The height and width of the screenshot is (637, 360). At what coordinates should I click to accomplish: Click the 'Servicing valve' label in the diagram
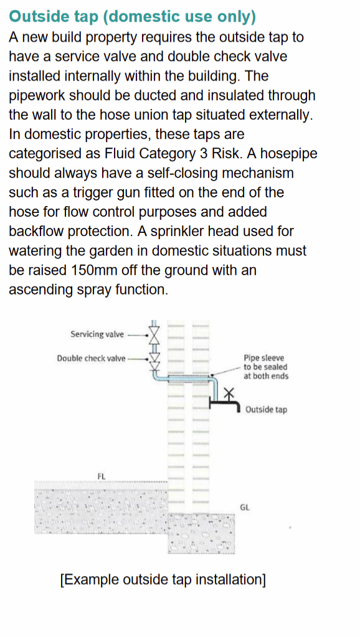point(97,334)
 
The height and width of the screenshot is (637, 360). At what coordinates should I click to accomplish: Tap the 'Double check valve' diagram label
point(91,358)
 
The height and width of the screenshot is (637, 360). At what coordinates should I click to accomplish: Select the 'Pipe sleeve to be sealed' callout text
point(265,367)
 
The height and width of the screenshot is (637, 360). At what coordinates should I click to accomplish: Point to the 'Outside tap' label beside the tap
point(266,410)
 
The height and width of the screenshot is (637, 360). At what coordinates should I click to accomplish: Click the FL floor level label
point(102,476)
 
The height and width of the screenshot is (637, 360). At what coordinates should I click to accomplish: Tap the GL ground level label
point(245,507)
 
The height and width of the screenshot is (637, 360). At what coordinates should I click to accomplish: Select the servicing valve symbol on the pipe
point(154,334)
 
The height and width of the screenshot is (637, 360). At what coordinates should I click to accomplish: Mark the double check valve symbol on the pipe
point(154,359)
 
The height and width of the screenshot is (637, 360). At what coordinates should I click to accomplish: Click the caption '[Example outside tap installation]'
point(163,579)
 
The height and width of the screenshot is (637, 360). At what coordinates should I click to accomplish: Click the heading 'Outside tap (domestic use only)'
point(133,15)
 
